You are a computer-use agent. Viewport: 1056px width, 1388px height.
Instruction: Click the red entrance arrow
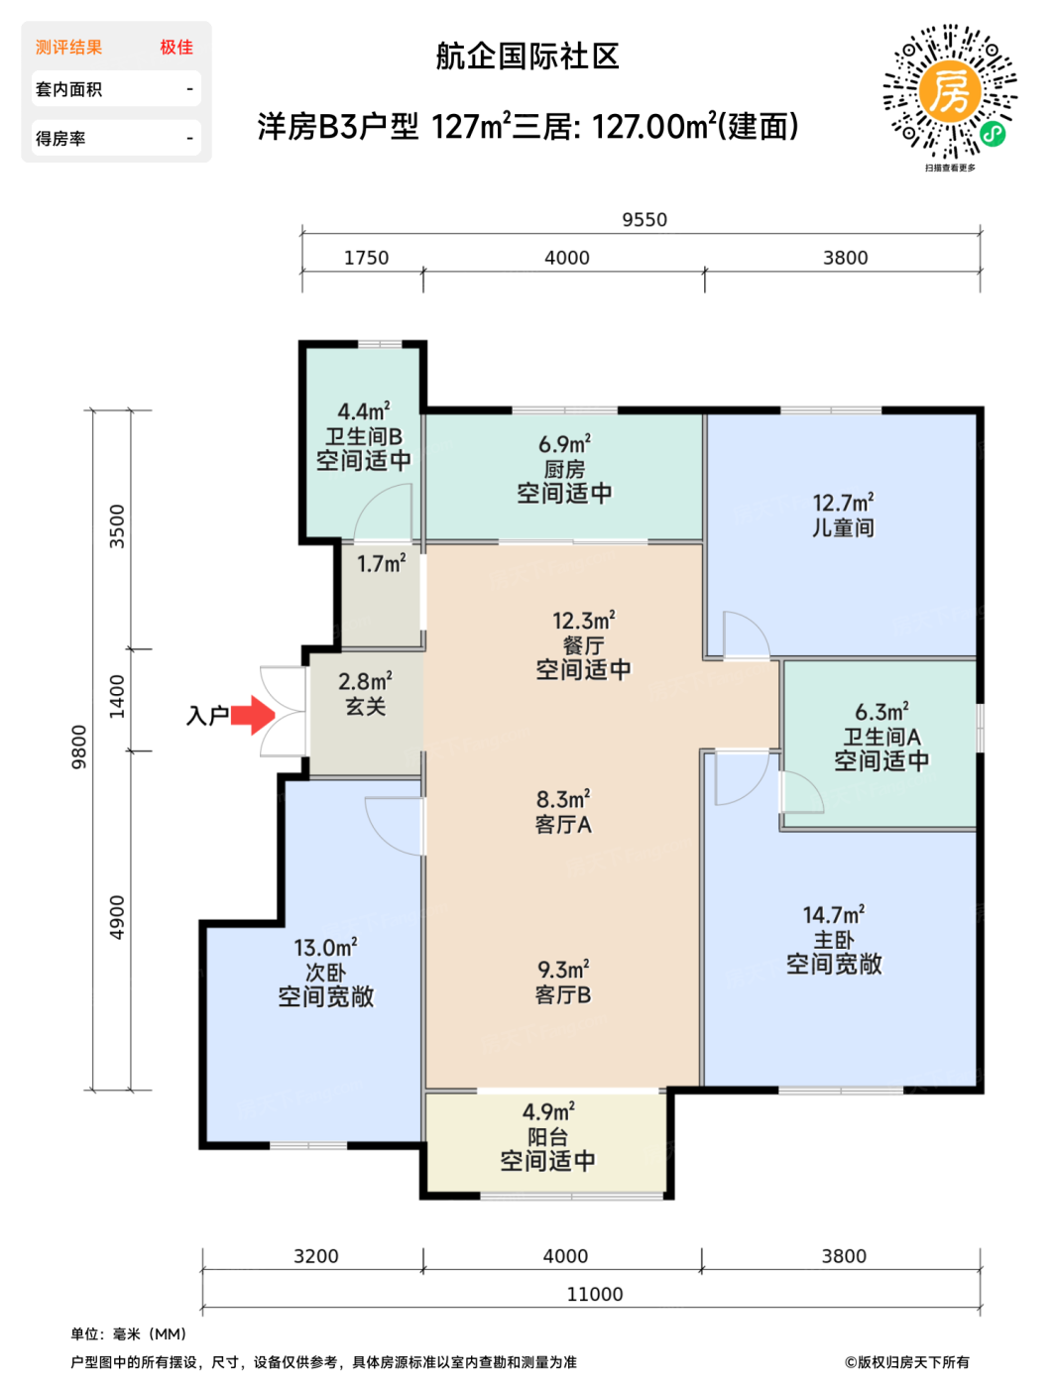click(x=253, y=715)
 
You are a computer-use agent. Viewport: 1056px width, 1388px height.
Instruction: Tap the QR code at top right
click(x=950, y=92)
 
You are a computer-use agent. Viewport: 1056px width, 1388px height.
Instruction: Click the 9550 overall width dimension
click(x=645, y=220)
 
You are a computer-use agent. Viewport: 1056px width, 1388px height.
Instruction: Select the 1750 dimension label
click(x=366, y=258)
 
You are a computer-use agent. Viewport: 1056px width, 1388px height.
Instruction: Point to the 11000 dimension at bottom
click(x=594, y=1295)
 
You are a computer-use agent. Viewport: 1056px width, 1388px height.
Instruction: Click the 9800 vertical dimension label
click(x=79, y=747)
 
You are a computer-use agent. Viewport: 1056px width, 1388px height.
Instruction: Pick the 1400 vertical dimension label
click(x=117, y=697)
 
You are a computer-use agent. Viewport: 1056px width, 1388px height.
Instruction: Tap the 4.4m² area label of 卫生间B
click(x=364, y=411)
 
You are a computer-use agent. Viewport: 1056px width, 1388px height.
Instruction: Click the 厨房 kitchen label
click(x=564, y=469)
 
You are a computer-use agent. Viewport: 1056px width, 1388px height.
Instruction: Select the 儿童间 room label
click(x=843, y=527)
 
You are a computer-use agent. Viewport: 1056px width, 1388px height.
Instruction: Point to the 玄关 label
click(x=365, y=706)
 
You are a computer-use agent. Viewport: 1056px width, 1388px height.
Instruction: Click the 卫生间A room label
click(x=881, y=737)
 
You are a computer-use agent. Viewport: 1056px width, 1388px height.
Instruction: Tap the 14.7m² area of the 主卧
click(x=834, y=915)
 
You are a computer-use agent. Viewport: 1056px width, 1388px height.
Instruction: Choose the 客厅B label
click(x=563, y=995)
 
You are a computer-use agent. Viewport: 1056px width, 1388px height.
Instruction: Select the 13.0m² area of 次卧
click(x=325, y=948)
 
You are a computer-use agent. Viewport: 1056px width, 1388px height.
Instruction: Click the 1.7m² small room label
click(x=382, y=563)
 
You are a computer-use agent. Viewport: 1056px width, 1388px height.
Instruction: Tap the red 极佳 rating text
click(x=176, y=48)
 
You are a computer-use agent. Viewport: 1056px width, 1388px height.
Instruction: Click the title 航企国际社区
click(x=528, y=57)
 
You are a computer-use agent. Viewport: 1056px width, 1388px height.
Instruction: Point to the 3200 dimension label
click(x=315, y=1256)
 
